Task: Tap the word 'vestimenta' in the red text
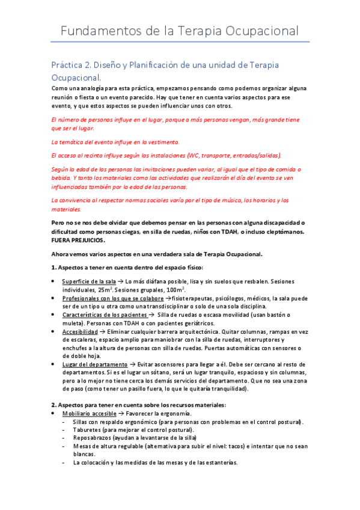coord(162,142)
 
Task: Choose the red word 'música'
coord(227,200)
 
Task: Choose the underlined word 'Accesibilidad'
coord(81,331)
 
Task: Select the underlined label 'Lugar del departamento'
coord(94,364)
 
